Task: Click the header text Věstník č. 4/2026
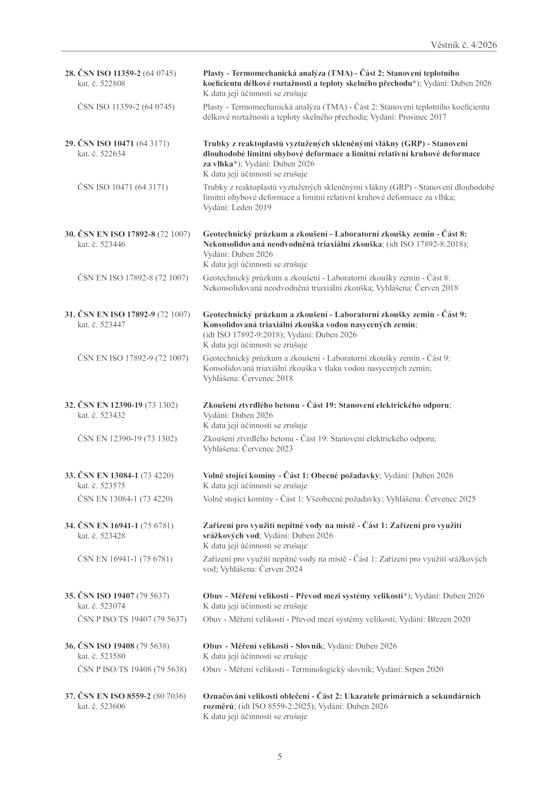[463, 45]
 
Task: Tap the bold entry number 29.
[69, 144]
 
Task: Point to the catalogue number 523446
[112, 244]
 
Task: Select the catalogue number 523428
[112, 536]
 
